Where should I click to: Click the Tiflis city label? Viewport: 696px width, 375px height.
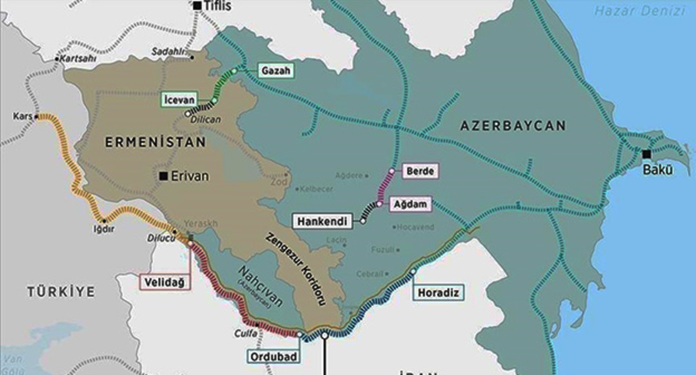click(x=218, y=7)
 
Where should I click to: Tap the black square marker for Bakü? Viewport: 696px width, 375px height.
click(x=646, y=154)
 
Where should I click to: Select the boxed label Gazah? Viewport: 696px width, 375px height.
click(x=275, y=71)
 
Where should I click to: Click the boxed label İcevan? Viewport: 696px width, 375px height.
click(x=180, y=100)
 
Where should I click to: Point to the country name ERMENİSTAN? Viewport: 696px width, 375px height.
click(x=156, y=143)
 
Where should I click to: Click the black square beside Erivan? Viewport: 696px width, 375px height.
click(x=163, y=176)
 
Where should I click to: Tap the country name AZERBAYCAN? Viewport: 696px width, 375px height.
click(x=513, y=126)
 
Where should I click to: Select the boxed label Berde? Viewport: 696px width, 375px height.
click(x=420, y=171)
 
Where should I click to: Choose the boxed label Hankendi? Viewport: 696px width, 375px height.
click(x=322, y=222)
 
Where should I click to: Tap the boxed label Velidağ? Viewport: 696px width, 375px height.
click(x=165, y=282)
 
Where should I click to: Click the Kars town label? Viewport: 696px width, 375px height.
click(x=22, y=117)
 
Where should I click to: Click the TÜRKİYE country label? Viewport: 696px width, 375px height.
click(x=60, y=291)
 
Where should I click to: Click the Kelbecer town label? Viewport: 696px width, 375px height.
click(x=316, y=189)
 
